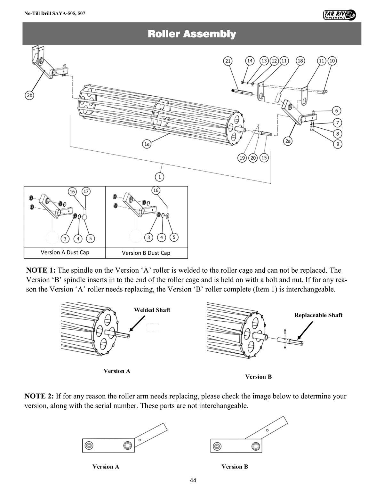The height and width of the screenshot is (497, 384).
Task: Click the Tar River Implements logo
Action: (x=340, y=15)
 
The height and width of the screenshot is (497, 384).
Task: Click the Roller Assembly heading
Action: (x=192, y=34)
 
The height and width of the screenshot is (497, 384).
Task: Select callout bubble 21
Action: (x=228, y=61)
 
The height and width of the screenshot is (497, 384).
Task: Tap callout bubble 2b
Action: (x=30, y=95)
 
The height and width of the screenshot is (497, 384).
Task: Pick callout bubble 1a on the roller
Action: (x=147, y=144)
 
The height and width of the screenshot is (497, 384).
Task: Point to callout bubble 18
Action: (x=300, y=61)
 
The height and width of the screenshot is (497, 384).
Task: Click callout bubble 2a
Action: (x=288, y=141)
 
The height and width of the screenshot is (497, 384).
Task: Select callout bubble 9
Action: (x=337, y=144)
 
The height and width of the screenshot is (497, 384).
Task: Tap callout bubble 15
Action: (x=264, y=157)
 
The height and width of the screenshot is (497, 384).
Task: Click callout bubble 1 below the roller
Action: (x=159, y=176)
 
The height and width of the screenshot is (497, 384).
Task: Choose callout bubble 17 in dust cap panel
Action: (x=86, y=191)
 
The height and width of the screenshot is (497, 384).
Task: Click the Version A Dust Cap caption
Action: (x=65, y=252)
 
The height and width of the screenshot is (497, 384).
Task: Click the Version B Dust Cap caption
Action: (x=146, y=253)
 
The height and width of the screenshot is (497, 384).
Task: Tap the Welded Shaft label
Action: (x=152, y=310)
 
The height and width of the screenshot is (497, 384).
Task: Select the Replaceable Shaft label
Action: (x=318, y=315)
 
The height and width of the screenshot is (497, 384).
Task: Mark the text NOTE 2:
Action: (x=39, y=396)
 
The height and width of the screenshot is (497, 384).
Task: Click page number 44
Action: (x=193, y=480)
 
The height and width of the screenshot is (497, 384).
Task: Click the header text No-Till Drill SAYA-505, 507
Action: (x=55, y=14)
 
